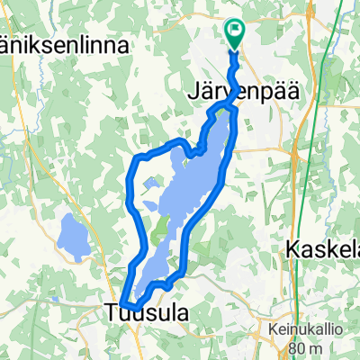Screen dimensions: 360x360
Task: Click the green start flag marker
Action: pyautogui.click(x=235, y=32)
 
